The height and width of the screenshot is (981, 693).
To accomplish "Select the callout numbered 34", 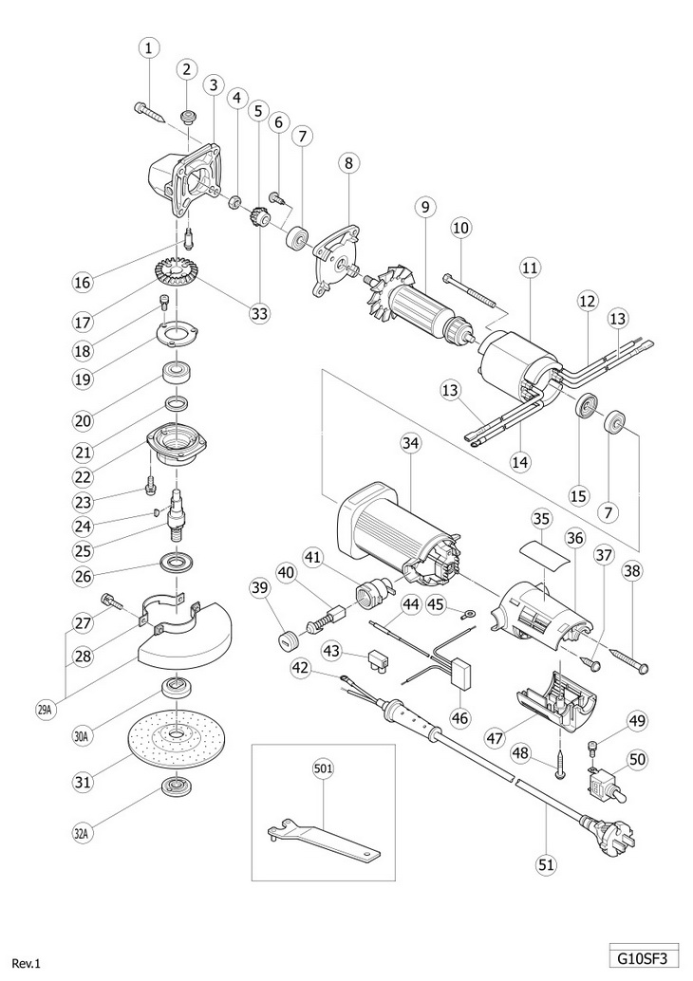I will coord(410,440).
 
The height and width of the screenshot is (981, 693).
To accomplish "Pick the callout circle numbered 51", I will coord(548,864).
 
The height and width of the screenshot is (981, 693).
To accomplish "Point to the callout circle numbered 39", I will coord(261,589).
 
